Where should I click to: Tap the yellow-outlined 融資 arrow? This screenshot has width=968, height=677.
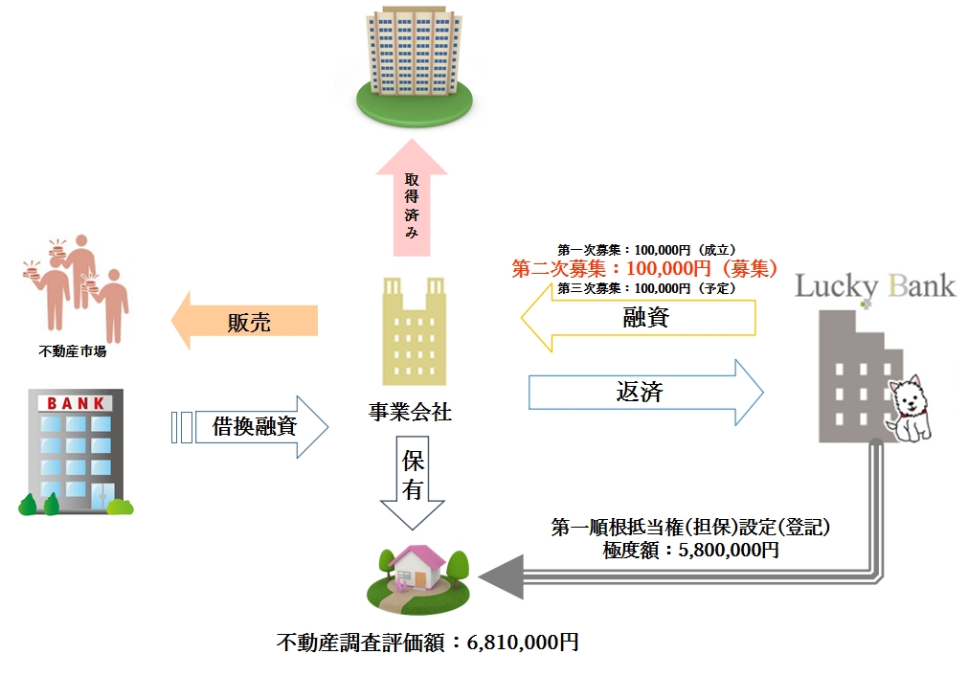638,318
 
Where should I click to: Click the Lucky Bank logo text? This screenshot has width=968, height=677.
875,285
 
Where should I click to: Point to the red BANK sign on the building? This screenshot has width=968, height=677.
76,403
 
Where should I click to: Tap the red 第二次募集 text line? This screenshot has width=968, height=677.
643,268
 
